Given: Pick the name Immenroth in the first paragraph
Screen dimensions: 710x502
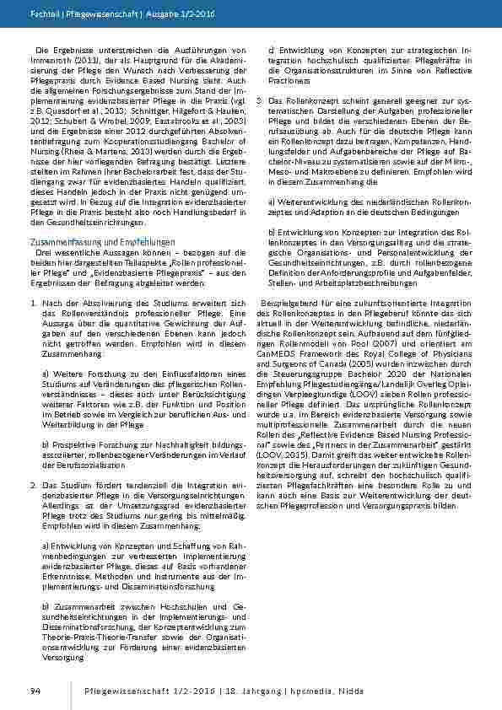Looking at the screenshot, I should coord(51,59).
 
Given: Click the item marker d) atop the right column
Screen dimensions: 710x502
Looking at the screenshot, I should coord(271,51).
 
